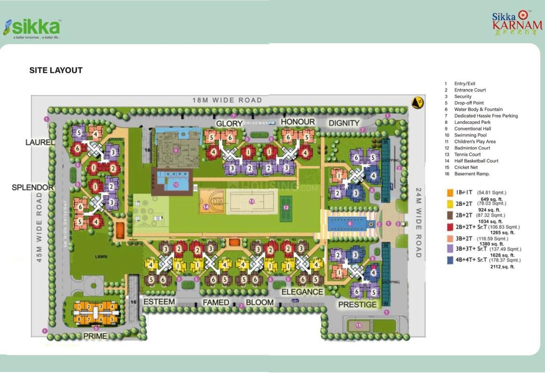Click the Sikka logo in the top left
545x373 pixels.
click(x=32, y=28)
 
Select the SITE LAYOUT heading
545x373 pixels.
click(x=56, y=70)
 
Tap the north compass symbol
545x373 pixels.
click(x=417, y=102)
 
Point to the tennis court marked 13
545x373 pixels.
click(x=251, y=202)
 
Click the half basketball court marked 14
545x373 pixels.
click(x=211, y=202)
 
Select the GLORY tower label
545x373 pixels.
click(x=229, y=124)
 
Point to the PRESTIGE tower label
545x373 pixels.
click(x=358, y=304)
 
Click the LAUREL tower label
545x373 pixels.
click(x=40, y=142)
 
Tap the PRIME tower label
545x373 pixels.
click(x=95, y=336)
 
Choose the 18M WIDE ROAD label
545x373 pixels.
click(x=227, y=100)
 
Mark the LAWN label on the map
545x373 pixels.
click(x=101, y=257)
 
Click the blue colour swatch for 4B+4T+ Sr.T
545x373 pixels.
click(x=450, y=260)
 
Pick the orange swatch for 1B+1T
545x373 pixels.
click(x=450, y=193)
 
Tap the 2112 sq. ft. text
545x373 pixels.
click(x=502, y=267)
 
